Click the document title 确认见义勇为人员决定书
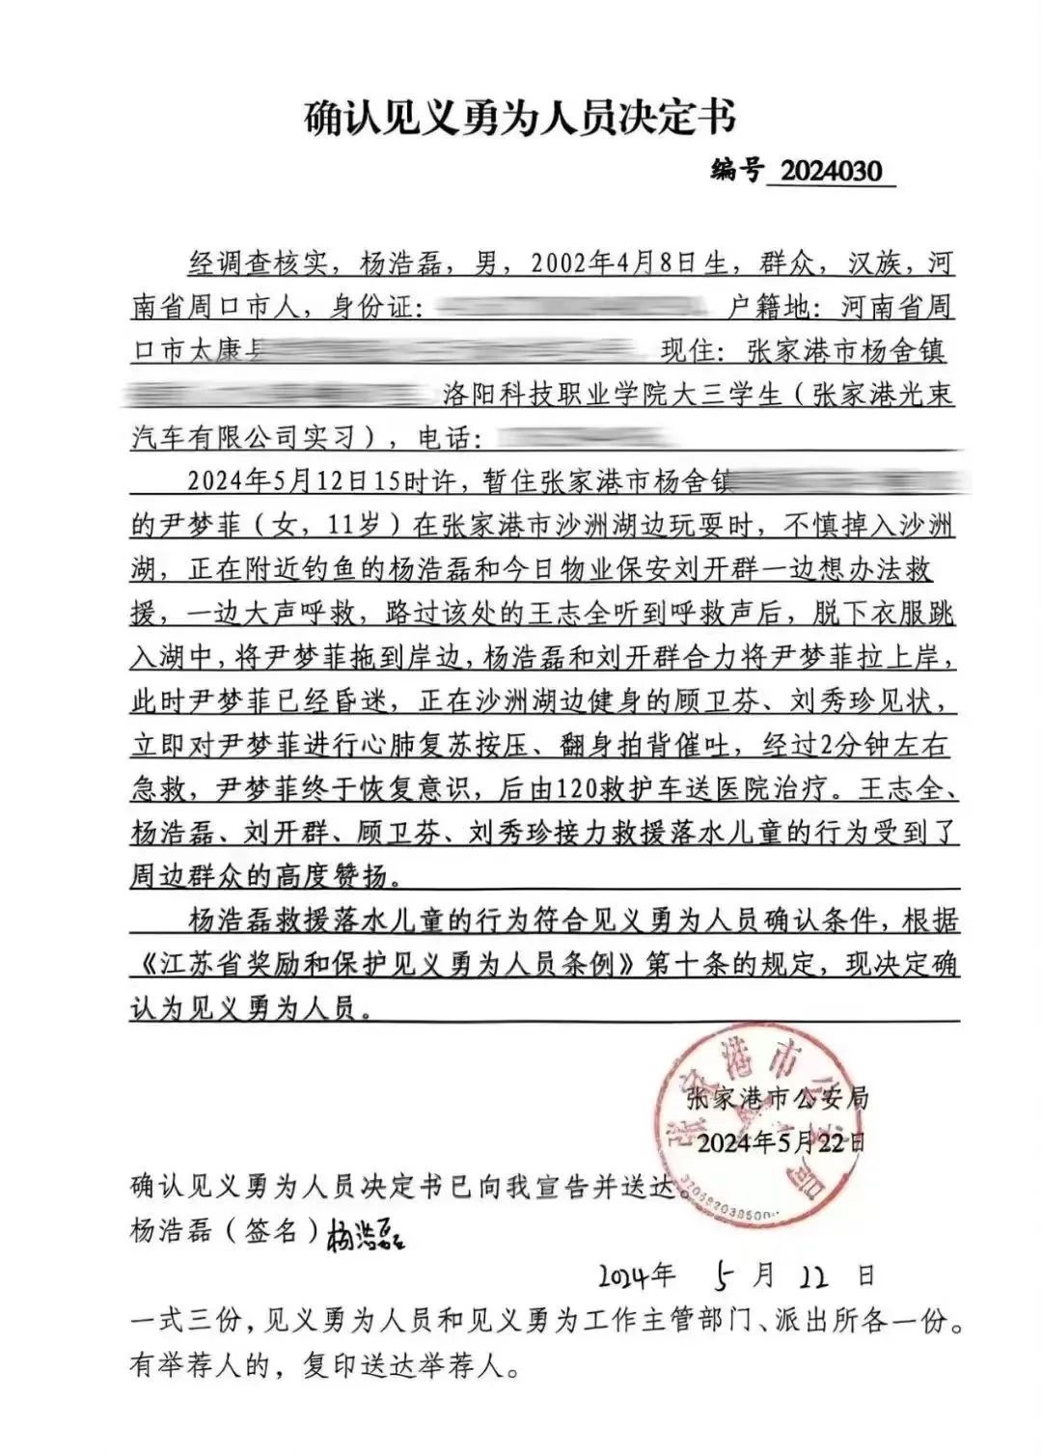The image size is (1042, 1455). click(520, 119)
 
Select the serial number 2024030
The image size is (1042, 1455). click(831, 172)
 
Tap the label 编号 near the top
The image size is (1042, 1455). click(736, 171)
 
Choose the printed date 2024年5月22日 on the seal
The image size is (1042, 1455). click(780, 1143)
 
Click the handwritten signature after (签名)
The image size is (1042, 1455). click(366, 1234)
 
